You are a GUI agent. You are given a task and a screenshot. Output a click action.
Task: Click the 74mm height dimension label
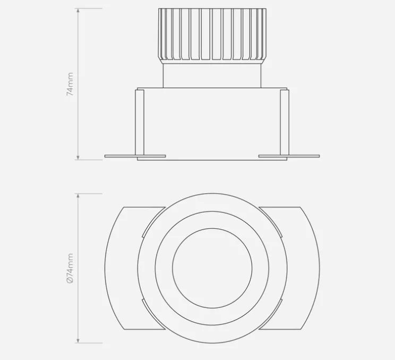coord(70,84)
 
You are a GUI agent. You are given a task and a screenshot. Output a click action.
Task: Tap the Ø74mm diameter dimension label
coord(70,268)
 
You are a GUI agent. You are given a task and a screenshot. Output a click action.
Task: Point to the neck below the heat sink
coord(212,74)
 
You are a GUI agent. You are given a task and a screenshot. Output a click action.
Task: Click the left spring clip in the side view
coord(140,122)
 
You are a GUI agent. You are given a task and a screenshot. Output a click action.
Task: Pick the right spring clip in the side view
coord(285,122)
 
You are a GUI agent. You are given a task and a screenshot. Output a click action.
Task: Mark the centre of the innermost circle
coord(212,269)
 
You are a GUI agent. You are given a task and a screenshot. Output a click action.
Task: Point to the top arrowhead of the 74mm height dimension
coord(78,10)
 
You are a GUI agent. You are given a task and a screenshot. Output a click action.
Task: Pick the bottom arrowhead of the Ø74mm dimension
coord(78,341)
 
